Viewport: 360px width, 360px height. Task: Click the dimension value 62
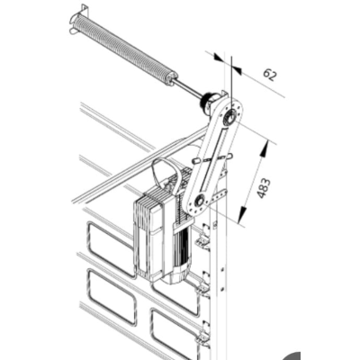(x=269, y=75)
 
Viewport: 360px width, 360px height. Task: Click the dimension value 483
(x=264, y=188)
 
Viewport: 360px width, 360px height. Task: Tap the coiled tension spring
(x=124, y=48)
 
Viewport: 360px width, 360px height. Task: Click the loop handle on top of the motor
(x=166, y=175)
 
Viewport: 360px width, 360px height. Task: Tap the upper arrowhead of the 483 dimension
(x=265, y=149)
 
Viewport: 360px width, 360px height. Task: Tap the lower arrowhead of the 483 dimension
(x=242, y=215)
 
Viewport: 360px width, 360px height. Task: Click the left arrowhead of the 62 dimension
(x=219, y=58)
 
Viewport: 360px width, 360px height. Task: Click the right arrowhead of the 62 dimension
(x=237, y=69)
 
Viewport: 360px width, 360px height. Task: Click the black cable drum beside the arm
(x=209, y=103)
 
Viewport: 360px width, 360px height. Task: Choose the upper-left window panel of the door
(x=111, y=248)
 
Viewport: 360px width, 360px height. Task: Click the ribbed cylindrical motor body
(x=180, y=252)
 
